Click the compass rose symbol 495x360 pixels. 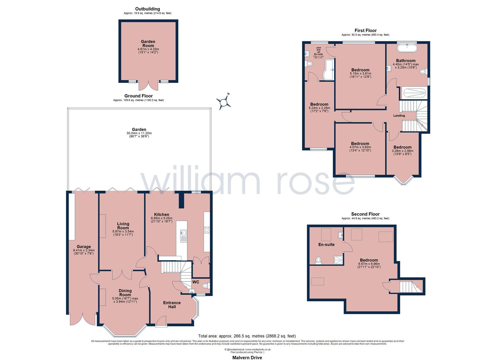pyautogui.click(x=223, y=102)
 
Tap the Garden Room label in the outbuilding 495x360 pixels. pyautogui.click(x=148, y=44)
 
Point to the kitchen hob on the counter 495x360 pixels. pyautogui.click(x=207, y=230)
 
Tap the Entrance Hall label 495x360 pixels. pyautogui.click(x=172, y=305)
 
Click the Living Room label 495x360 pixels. pyautogui.click(x=123, y=226)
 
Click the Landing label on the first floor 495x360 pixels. pyautogui.click(x=399, y=116)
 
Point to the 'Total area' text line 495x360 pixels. pyautogui.click(x=247, y=336)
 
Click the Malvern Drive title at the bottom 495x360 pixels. pyautogui.click(x=247, y=358)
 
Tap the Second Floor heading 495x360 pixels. pyautogui.click(x=365, y=214)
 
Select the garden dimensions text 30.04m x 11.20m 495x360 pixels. pyautogui.click(x=139, y=133)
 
